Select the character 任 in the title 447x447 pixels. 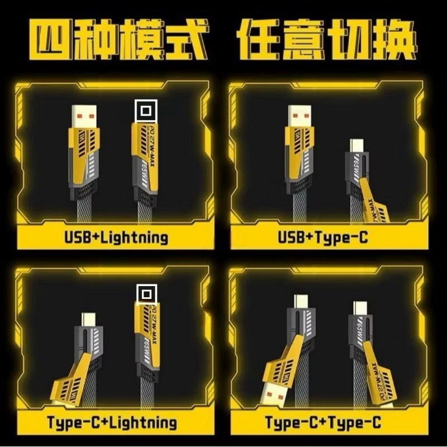260,40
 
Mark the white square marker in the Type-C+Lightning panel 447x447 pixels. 146,294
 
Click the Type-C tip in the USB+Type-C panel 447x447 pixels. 356,146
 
